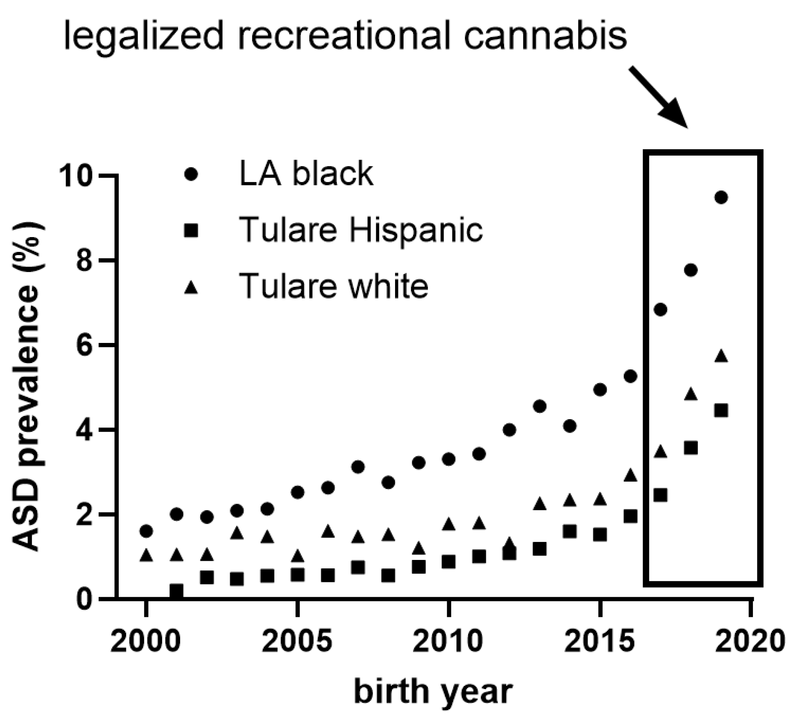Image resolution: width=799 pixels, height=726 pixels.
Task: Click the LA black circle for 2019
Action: coord(721,197)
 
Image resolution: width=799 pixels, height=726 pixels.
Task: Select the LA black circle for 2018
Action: coord(691,270)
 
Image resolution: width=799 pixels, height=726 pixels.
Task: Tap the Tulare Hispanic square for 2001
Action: coord(176,591)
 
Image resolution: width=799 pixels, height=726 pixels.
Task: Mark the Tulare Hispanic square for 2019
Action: coord(721,411)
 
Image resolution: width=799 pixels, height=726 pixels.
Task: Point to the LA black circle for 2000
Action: coord(146,531)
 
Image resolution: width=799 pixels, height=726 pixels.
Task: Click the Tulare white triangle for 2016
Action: coord(631,475)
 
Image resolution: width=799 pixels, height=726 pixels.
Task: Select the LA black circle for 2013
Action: coord(540,406)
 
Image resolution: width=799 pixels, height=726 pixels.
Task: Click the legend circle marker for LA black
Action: coord(191,175)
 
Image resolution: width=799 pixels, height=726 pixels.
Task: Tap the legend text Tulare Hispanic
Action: coord(361,230)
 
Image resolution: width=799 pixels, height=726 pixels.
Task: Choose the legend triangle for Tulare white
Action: coord(191,287)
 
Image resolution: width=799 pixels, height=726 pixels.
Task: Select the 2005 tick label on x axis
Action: coord(297,641)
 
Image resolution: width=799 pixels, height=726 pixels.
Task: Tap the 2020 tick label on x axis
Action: coord(749,641)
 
